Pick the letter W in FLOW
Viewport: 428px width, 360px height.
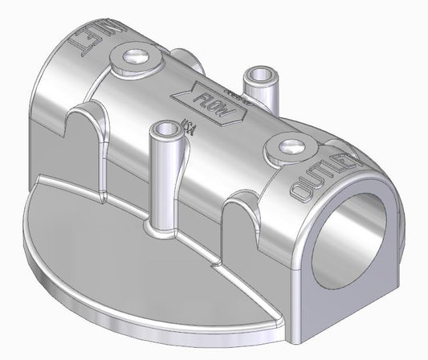coord(229,114)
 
